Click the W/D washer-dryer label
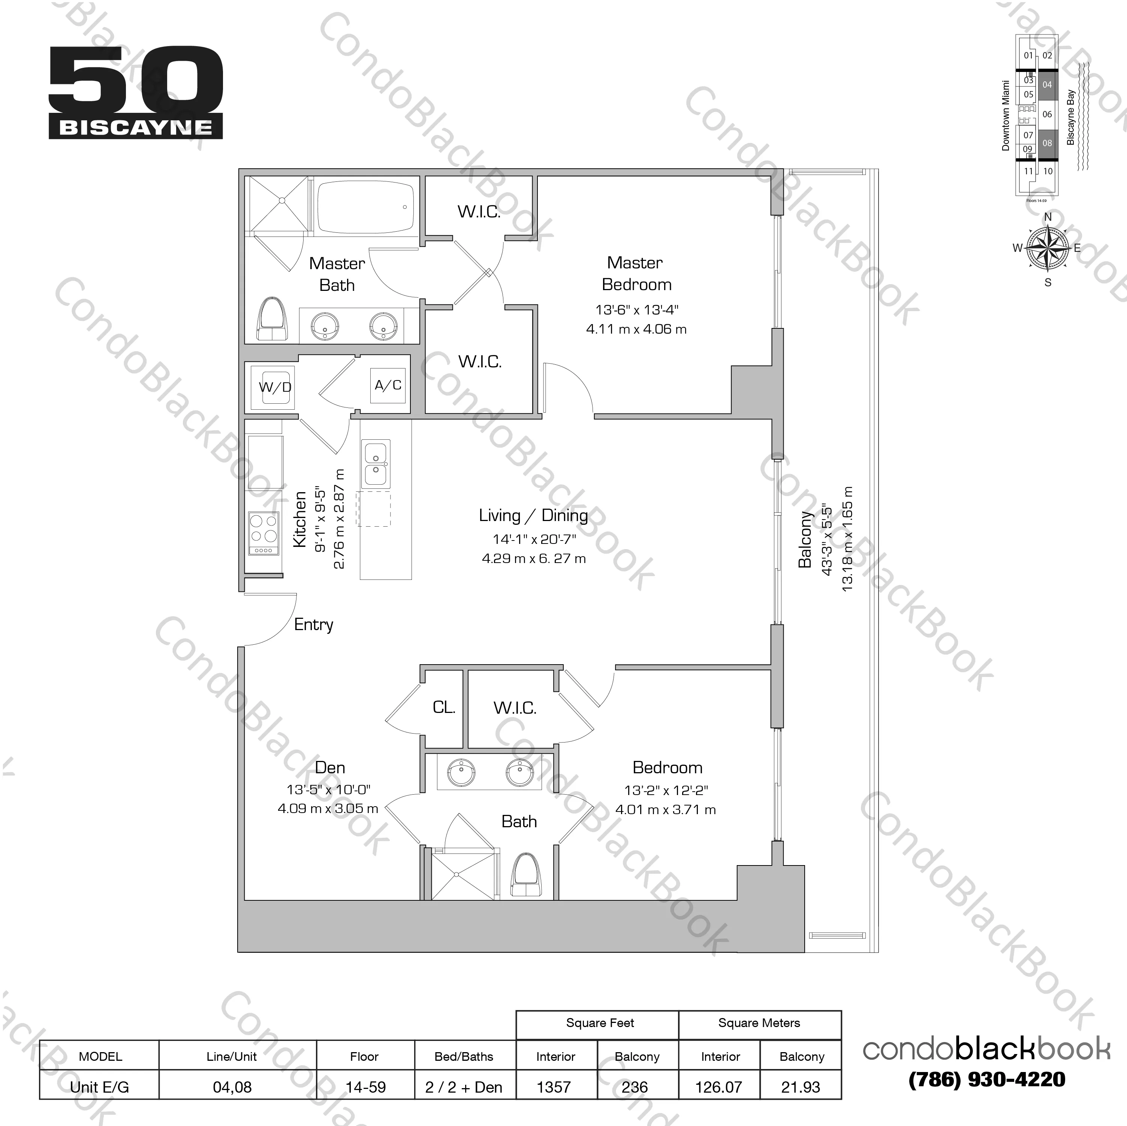coord(275,387)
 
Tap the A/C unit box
coord(388,385)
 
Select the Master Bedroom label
coord(636,274)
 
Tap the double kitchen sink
coord(376,463)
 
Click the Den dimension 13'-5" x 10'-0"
coord(328,789)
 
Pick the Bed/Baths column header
coord(464,1057)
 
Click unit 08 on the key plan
coord(1047,143)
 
